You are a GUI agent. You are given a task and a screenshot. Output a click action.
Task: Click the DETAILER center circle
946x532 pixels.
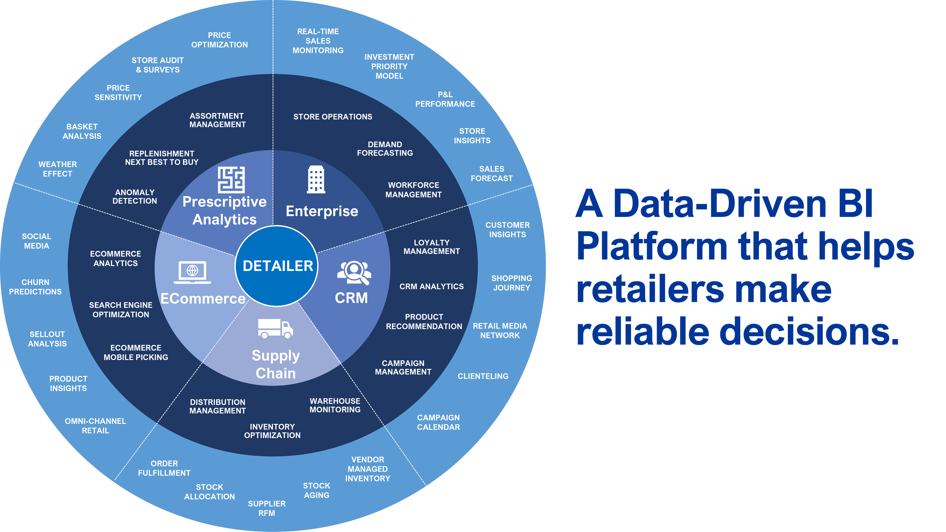[x=277, y=266]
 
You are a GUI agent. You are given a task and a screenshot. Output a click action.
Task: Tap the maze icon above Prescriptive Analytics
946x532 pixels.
[x=231, y=180]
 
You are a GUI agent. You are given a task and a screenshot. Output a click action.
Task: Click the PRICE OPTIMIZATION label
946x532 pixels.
[x=219, y=40]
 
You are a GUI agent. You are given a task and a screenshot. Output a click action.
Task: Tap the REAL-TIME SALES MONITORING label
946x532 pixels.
[x=318, y=41]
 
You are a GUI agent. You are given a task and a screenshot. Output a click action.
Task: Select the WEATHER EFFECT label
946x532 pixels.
[x=58, y=169]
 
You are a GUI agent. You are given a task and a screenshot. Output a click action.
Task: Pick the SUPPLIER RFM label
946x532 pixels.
[x=267, y=508]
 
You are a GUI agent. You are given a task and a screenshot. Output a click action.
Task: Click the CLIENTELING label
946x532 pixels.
[x=483, y=376]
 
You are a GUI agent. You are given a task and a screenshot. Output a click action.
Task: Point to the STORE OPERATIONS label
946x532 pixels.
[x=333, y=117]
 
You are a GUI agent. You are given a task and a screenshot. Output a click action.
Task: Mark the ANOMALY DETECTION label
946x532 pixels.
[x=135, y=197]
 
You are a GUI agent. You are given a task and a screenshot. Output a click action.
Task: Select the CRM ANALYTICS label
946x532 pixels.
[x=432, y=286]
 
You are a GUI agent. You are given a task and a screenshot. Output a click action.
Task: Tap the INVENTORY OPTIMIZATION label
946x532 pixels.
[x=272, y=431]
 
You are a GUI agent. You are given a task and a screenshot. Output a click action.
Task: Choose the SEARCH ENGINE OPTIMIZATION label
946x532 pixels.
[x=120, y=310]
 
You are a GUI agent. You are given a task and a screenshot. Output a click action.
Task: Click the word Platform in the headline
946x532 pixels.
[x=652, y=246]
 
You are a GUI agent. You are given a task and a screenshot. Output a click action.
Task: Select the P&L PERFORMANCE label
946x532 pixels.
[x=445, y=99]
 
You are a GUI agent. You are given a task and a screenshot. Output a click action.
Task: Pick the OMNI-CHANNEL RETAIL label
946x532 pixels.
[x=96, y=426]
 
